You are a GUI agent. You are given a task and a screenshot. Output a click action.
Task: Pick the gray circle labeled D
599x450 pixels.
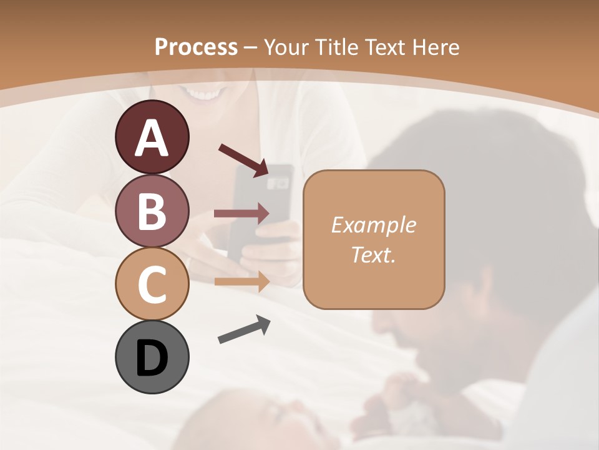point(152,357)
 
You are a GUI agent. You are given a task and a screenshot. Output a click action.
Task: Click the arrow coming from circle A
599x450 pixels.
point(243,159)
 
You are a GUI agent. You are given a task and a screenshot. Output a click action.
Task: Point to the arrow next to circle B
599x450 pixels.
point(241,213)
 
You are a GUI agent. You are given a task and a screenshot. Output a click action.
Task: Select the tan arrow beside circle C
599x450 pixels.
point(241,281)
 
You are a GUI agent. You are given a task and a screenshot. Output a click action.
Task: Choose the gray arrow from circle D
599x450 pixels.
point(244,329)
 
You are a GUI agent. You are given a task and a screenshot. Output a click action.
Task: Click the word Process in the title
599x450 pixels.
point(196,47)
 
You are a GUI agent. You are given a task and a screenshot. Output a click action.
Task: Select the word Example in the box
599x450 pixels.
point(373,225)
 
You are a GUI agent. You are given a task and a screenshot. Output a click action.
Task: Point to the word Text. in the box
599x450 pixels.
point(373,254)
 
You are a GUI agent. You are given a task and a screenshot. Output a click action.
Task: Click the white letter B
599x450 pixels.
point(152,211)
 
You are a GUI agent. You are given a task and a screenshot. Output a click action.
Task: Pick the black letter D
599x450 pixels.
point(152,358)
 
